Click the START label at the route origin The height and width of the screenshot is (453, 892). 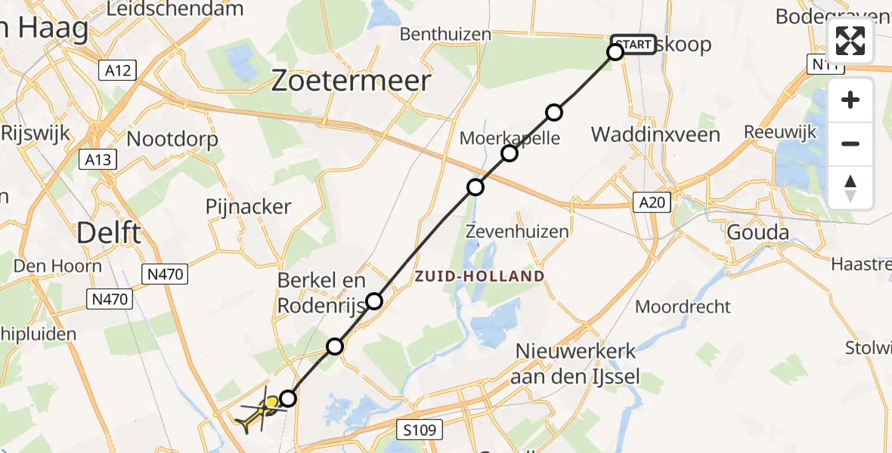[633, 45]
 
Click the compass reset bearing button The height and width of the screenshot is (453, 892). [850, 188]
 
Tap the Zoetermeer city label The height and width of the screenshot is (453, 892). [352, 81]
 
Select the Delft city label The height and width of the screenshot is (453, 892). [109, 233]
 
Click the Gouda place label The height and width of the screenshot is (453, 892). [757, 232]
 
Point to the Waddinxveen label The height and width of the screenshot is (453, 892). [655, 135]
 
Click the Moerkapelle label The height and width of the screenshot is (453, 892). [510, 138]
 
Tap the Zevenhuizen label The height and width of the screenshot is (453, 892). [518, 232]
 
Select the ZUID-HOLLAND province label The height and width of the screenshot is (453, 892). [479, 276]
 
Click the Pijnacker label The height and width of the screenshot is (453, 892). [249, 207]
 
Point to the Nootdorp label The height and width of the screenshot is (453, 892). [173, 139]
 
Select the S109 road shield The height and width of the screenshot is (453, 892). [417, 430]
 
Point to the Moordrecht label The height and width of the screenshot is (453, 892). [683, 307]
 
